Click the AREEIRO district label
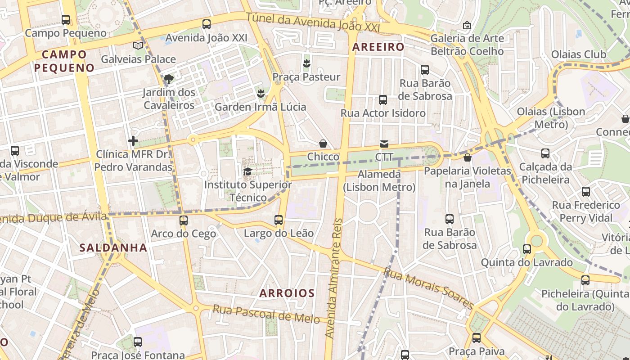click(378, 47)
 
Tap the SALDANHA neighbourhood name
click(113, 247)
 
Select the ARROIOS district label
click(287, 293)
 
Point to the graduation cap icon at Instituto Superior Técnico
click(247, 171)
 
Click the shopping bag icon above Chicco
click(323, 144)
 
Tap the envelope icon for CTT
click(384, 144)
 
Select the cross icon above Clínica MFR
click(133, 141)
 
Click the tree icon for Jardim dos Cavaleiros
click(169, 79)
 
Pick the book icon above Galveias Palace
click(138, 45)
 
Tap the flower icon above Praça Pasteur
click(306, 63)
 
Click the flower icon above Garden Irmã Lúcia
click(260, 94)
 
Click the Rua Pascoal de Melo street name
click(266, 314)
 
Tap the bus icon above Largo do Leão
click(279, 220)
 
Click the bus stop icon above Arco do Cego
click(183, 220)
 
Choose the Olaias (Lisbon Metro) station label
click(551, 118)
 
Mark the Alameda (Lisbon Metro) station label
click(379, 180)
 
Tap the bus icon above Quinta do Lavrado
click(527, 249)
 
